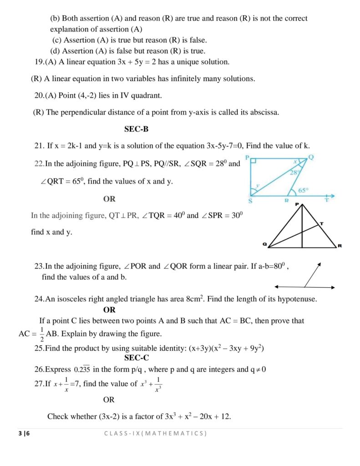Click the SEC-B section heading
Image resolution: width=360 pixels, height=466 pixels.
[x=136, y=129]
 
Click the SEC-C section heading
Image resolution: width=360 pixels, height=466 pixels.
[x=137, y=358]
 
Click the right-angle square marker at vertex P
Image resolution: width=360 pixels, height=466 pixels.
[x=253, y=162]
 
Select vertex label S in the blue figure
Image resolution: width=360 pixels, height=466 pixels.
[x=251, y=200]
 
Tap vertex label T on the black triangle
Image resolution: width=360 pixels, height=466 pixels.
[x=321, y=223]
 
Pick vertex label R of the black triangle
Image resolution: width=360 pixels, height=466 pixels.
[x=340, y=246]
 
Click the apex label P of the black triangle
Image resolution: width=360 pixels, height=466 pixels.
[x=297, y=204]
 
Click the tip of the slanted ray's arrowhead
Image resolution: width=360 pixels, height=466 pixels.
[x=320, y=263]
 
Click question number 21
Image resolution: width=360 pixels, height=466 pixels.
[x=39, y=146]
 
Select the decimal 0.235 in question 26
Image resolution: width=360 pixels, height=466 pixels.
[x=82, y=370]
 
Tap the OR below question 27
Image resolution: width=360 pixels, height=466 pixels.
[x=109, y=400]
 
